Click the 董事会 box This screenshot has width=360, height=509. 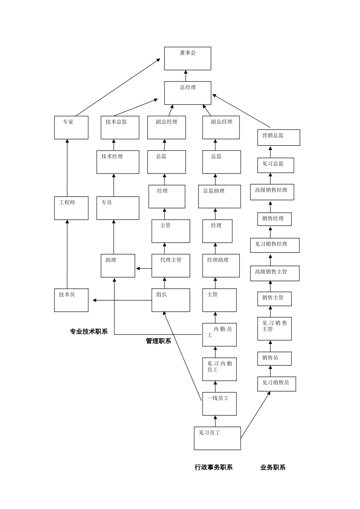tap(188, 58)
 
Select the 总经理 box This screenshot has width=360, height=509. tap(188, 93)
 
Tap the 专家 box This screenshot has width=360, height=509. tap(71, 127)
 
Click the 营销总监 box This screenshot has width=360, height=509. tap(279, 137)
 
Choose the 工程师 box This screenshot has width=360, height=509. tap(71, 208)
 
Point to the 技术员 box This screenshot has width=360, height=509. tap(71, 300)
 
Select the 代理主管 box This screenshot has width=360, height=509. tap(171, 265)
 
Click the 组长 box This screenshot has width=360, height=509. tap(171, 300)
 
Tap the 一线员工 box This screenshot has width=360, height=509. tap(219, 404)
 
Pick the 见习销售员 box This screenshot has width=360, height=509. tap(277, 384)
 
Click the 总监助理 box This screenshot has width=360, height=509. tap(219, 196)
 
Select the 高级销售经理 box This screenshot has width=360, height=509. tap(272, 192)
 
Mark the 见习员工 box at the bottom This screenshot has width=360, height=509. tap(217, 438)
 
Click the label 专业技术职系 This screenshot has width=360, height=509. tap(89, 332)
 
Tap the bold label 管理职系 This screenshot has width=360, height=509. tap(158, 341)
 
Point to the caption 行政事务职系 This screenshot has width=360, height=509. tap(213, 467)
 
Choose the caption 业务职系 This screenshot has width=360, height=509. tap(273, 467)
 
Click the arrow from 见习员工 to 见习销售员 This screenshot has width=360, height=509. tap(255, 415)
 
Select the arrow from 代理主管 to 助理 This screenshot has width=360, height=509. tap(144, 269)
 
